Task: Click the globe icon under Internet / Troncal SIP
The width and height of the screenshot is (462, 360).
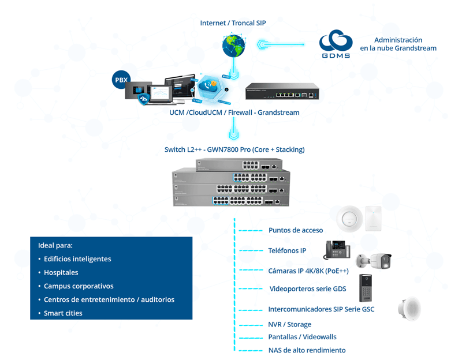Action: pyautogui.click(x=234, y=45)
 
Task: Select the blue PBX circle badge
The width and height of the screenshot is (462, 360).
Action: pyautogui.click(x=121, y=80)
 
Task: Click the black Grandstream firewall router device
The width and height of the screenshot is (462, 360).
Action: pyautogui.click(x=282, y=91)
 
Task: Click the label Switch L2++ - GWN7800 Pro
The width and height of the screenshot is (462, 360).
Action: pyautogui.click(x=234, y=149)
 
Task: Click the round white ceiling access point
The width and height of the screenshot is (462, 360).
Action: pyautogui.click(x=349, y=219)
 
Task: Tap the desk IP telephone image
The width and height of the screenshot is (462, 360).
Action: pyautogui.click(x=337, y=250)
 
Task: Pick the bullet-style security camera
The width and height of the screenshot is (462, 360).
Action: pyautogui.click(x=374, y=261)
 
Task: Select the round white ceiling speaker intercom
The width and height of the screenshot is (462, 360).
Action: pyautogui.click(x=409, y=309)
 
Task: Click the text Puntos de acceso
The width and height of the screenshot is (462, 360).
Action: pyautogui.click(x=296, y=230)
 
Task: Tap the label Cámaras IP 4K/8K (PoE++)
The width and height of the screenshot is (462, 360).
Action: pyautogui.click(x=308, y=270)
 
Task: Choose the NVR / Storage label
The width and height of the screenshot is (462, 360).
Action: pyautogui.click(x=289, y=324)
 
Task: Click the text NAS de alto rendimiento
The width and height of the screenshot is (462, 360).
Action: pyautogui.click(x=307, y=350)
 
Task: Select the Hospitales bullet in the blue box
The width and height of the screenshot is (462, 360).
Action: pyautogui.click(x=61, y=272)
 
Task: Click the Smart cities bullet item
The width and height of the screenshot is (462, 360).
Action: pyautogui.click(x=63, y=313)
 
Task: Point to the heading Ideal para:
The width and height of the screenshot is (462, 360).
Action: pyautogui.click(x=55, y=245)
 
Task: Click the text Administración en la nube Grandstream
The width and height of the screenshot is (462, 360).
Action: pyautogui.click(x=398, y=44)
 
